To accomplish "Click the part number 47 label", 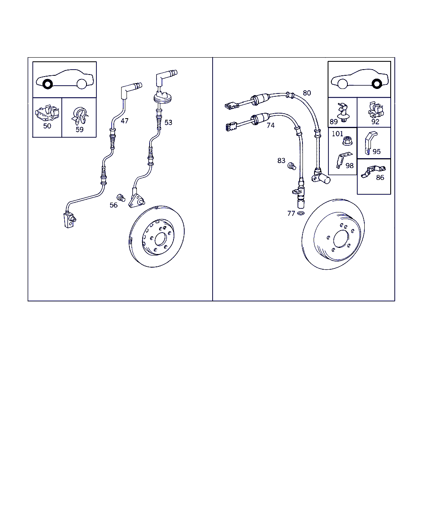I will tap(124, 121).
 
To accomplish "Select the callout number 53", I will tap(168, 122).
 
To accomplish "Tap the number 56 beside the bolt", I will tap(114, 205).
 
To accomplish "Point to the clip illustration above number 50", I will tap(47, 113).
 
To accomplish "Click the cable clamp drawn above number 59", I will tap(79, 116).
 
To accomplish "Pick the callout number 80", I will tap(307, 93).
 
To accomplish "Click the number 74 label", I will tap(270, 126).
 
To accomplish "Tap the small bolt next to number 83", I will tap(292, 166).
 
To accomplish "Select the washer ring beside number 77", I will tap(301, 213).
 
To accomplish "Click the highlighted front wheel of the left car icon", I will tap(47, 84).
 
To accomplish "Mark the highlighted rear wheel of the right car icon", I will tap(377, 84).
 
